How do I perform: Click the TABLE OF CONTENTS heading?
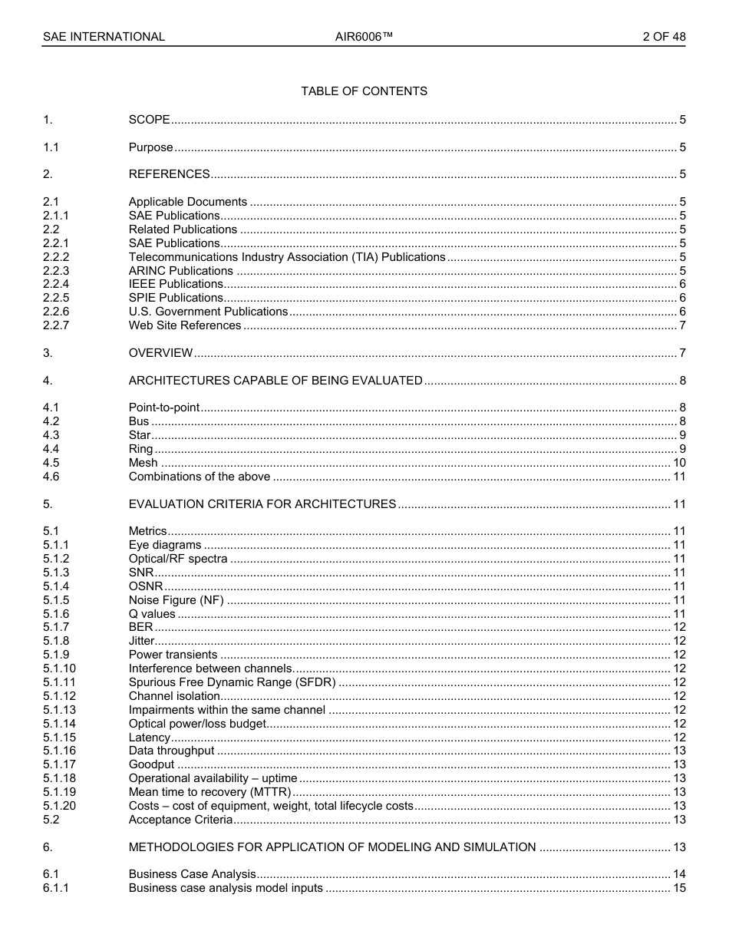(364, 91)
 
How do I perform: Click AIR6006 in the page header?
(364, 37)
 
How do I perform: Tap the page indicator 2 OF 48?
(664, 37)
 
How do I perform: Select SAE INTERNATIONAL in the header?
(104, 37)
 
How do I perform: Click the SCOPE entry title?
(149, 120)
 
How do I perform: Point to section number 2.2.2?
(56, 257)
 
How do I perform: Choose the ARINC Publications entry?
(180, 271)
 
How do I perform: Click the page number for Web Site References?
(682, 325)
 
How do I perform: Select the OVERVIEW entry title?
(160, 353)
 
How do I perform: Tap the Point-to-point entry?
(163, 408)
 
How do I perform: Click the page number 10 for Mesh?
(679, 463)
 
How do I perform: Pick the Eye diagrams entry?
(164, 545)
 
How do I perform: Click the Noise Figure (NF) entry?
(176, 600)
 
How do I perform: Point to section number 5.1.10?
(59, 668)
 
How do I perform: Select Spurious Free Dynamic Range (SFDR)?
(232, 682)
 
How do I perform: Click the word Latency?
(149, 738)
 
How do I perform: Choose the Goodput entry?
(151, 764)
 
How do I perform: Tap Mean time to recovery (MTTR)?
(209, 792)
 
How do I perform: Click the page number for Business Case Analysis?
(679, 874)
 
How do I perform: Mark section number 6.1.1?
(56, 888)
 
